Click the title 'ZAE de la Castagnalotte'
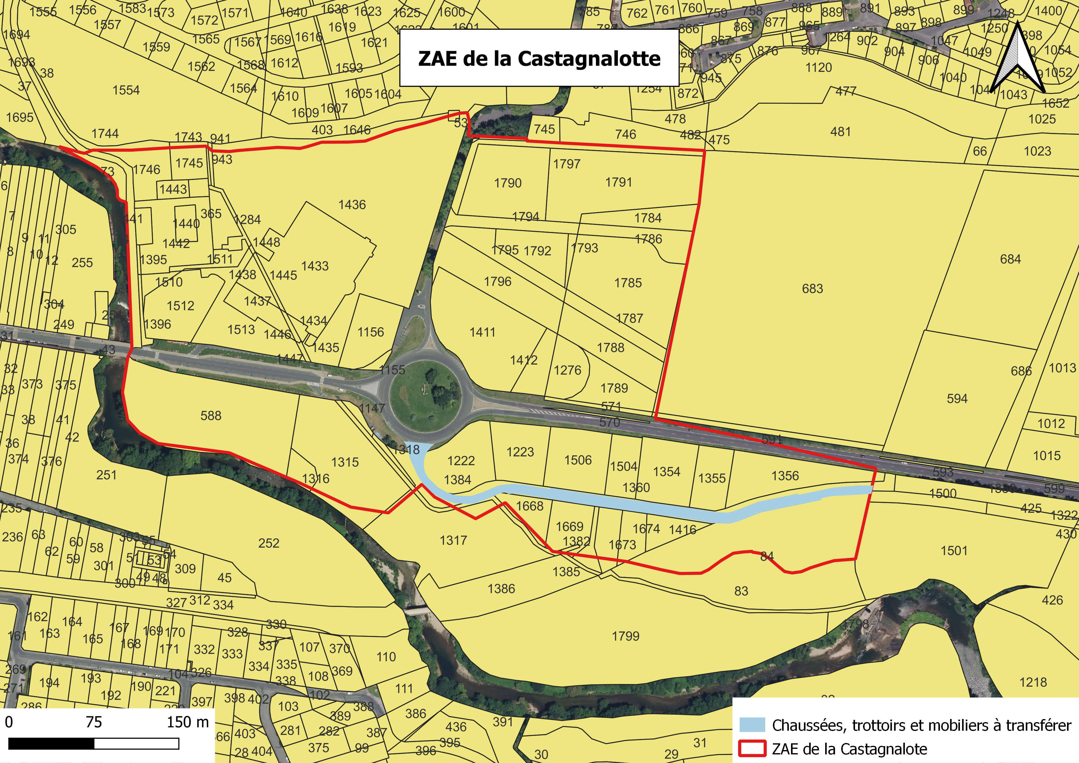pos(539,58)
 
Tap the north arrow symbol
pos(1017,59)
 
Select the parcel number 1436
pos(352,205)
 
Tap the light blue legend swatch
pos(752,725)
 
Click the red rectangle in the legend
pos(752,749)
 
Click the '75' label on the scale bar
pos(94,722)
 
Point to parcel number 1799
pos(625,636)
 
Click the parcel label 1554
pos(126,90)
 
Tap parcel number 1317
pos(453,540)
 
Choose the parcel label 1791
pos(618,182)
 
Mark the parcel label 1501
pos(954,551)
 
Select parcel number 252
pos(269,543)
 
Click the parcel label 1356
pos(785,476)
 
